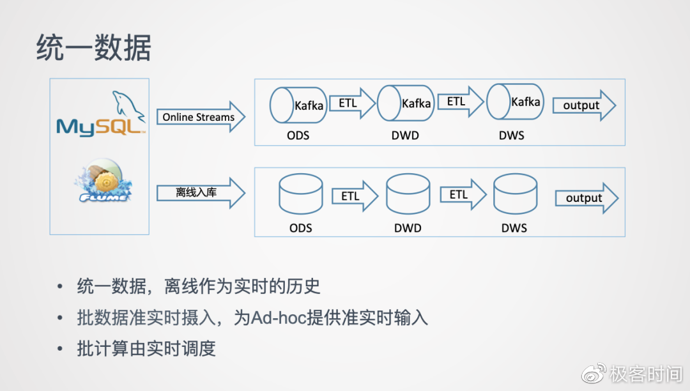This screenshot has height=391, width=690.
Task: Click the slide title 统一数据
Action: pyautogui.click(x=93, y=49)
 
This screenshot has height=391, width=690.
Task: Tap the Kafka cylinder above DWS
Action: pyautogui.click(x=515, y=102)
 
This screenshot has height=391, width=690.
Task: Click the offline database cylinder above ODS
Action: pyautogui.click(x=300, y=195)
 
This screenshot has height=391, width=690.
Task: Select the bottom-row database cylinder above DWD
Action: pyautogui.click(x=408, y=195)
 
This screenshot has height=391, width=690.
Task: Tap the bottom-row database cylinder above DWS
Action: pyautogui.click(x=515, y=194)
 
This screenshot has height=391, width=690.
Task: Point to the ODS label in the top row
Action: pyautogui.click(x=298, y=135)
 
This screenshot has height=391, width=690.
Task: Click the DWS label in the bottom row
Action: pyautogui.click(x=514, y=228)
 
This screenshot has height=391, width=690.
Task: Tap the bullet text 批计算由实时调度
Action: pyautogui.click(x=146, y=349)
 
